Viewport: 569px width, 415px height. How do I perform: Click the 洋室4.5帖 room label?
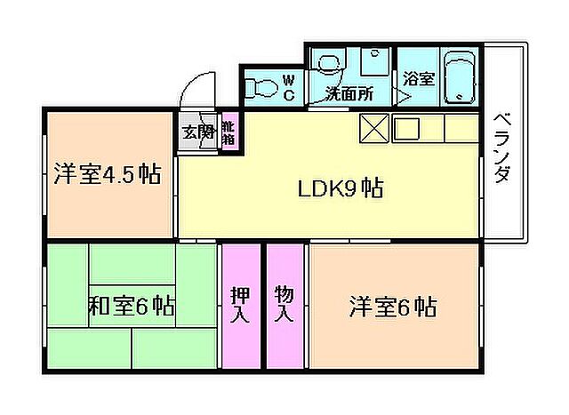[106, 174]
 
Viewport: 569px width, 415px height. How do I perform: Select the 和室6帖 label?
[130, 307]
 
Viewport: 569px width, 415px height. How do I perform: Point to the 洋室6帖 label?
[391, 307]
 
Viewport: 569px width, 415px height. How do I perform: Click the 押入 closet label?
[240, 305]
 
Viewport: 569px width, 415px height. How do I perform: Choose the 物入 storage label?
[284, 303]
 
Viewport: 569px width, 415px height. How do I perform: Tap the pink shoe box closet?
[228, 133]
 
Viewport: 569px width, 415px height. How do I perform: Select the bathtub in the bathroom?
[461, 79]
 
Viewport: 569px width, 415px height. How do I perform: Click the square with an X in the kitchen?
[373, 129]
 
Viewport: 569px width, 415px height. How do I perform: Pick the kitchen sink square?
[407, 129]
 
